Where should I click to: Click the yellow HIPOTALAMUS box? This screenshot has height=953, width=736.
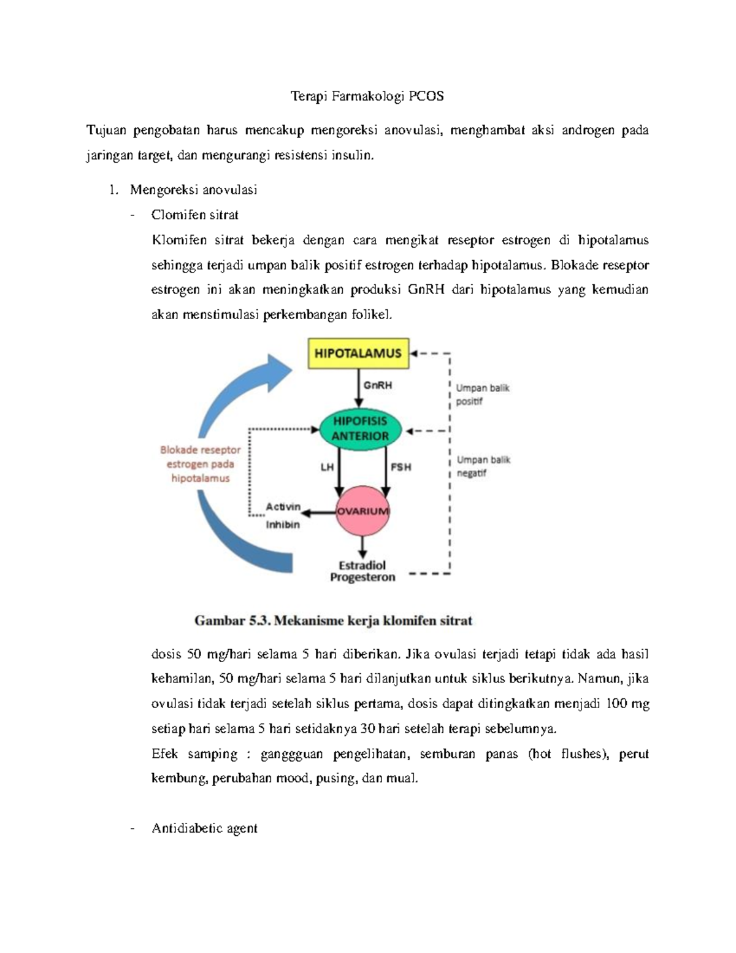click(358, 353)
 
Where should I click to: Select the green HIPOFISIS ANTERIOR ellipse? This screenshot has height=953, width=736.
click(361, 429)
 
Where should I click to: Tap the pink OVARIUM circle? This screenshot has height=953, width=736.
click(362, 511)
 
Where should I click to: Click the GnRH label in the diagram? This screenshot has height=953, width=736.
click(377, 386)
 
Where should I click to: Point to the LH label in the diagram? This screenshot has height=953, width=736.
click(327, 467)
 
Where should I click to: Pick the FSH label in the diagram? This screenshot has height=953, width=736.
click(401, 467)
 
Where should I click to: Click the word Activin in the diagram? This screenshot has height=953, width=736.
click(283, 507)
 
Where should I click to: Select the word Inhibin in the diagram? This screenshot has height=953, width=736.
click(282, 525)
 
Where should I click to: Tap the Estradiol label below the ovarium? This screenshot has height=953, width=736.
click(362, 565)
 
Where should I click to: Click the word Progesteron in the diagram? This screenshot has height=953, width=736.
click(362, 577)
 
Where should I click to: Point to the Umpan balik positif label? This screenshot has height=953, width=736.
click(482, 395)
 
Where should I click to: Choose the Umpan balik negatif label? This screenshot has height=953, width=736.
click(483, 466)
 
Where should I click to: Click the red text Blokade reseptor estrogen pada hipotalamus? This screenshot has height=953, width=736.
click(201, 464)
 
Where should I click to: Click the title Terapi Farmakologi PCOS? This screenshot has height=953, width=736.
click(367, 96)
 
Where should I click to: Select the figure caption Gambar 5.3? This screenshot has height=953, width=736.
click(333, 620)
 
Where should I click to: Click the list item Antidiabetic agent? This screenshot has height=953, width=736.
click(204, 828)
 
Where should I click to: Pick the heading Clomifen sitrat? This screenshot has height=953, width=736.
click(194, 215)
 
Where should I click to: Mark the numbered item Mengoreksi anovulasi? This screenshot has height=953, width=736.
click(193, 190)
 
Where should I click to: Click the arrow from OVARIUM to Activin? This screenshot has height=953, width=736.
click(320, 511)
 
